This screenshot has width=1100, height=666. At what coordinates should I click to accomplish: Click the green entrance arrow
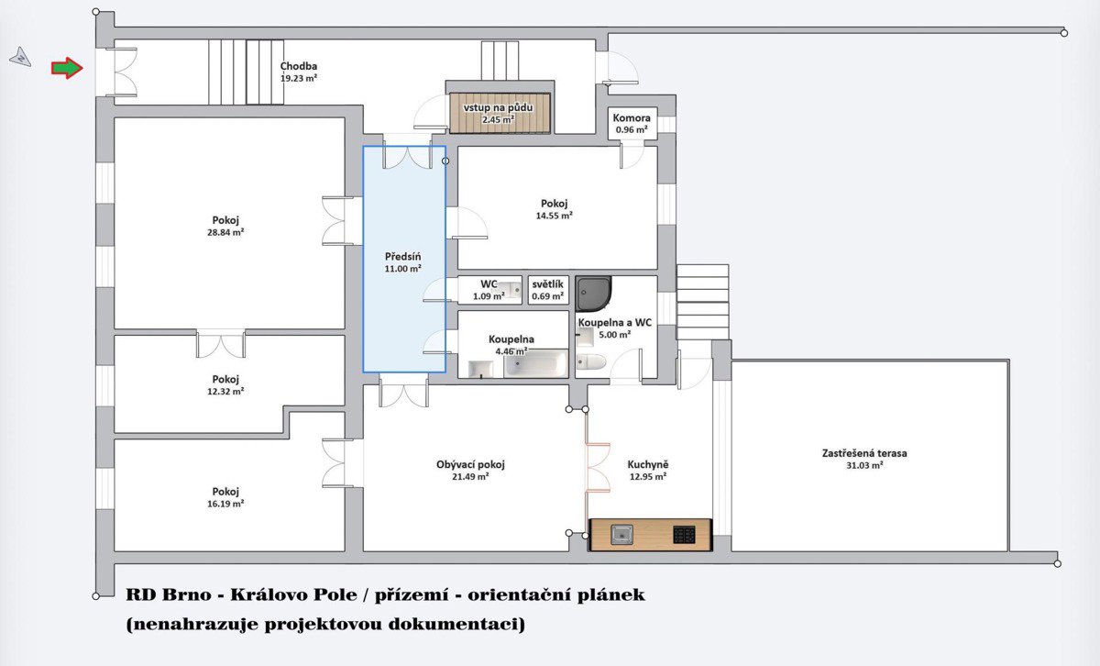tap(67, 68)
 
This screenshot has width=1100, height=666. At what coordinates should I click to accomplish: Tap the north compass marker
tap(20, 58)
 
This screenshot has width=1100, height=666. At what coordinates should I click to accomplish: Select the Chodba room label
tap(299, 66)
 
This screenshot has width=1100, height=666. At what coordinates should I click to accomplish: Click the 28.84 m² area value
tap(225, 232)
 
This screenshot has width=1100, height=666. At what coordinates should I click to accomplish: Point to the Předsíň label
tap(402, 257)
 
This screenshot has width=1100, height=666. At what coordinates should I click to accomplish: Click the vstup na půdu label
tap(498, 107)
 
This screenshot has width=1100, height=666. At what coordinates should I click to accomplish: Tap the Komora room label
tap(632, 118)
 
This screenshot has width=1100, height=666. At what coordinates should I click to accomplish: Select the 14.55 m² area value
tap(554, 216)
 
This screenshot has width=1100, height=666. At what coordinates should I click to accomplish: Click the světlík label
tap(547, 284)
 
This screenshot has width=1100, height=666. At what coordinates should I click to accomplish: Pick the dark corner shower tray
tap(593, 294)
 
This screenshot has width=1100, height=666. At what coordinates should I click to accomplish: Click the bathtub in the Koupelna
tap(535, 363)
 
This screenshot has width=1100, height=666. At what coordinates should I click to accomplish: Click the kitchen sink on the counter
tap(621, 534)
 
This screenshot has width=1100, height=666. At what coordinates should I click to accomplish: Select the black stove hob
tap(684, 535)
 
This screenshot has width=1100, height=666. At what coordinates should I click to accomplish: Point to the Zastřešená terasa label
tap(864, 453)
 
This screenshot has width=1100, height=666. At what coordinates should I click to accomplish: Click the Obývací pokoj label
tap(470, 464)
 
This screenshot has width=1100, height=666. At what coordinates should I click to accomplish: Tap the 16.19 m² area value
tap(225, 504)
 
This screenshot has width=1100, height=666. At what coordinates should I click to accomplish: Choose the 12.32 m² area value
tap(225, 392)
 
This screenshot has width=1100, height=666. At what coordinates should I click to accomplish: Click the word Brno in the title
tap(187, 594)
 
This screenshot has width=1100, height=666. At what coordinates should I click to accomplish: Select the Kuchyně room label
tap(648, 464)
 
